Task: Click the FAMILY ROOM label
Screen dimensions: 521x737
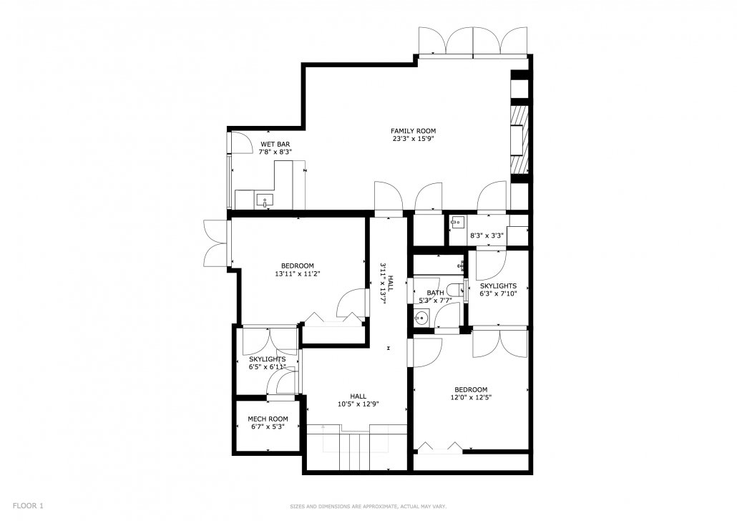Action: click(x=413, y=131)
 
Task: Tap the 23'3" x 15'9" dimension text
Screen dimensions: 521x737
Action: click(x=413, y=139)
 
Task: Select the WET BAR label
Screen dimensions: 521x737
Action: click(x=275, y=145)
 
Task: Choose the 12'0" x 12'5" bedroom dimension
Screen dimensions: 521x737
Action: click(x=470, y=398)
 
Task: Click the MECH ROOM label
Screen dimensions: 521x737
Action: click(x=268, y=419)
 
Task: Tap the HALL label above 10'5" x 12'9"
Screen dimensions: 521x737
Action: click(x=358, y=396)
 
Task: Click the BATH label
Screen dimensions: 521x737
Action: click(x=435, y=293)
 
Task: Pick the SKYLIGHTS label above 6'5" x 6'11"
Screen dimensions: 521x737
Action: click(x=268, y=359)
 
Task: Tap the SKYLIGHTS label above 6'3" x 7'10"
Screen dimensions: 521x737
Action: click(x=498, y=286)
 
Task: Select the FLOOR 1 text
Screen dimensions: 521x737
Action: click(x=28, y=505)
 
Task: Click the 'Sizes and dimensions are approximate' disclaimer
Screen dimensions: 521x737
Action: click(x=368, y=506)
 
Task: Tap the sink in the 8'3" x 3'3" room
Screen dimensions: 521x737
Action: click(x=455, y=223)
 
